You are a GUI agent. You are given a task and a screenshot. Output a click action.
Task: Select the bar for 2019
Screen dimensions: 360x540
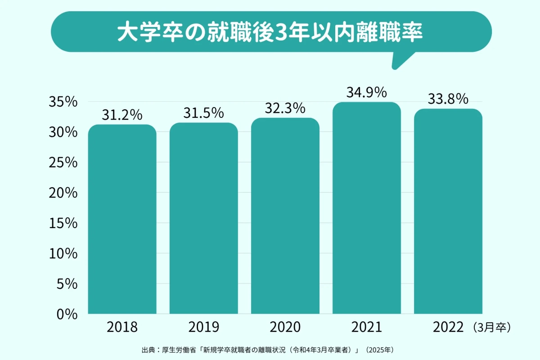click(203, 218)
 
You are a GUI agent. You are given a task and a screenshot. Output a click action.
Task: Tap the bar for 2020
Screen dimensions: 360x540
click(285, 216)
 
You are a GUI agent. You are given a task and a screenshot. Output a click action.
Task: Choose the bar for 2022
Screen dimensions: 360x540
click(448, 211)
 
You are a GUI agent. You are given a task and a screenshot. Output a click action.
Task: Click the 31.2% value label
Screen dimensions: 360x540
click(122, 115)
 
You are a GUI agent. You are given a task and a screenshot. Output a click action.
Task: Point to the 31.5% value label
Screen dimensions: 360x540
click(203, 113)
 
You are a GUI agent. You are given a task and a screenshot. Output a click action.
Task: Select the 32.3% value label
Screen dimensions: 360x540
click(285, 108)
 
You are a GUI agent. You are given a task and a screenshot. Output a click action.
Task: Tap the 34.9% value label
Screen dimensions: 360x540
click(367, 93)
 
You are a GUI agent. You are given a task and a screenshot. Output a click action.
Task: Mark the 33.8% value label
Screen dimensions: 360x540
click(448, 99)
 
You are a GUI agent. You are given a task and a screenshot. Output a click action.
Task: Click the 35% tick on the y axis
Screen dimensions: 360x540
click(63, 102)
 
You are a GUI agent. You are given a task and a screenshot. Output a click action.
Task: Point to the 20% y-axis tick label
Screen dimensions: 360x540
click(63, 193)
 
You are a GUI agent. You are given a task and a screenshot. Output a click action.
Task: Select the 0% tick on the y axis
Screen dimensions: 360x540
click(67, 314)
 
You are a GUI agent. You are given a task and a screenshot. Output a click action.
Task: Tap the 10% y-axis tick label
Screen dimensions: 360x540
click(63, 254)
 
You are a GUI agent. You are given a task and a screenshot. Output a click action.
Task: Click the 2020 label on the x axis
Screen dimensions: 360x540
click(285, 327)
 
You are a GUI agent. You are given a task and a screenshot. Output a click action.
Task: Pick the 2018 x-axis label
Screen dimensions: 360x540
click(122, 327)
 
